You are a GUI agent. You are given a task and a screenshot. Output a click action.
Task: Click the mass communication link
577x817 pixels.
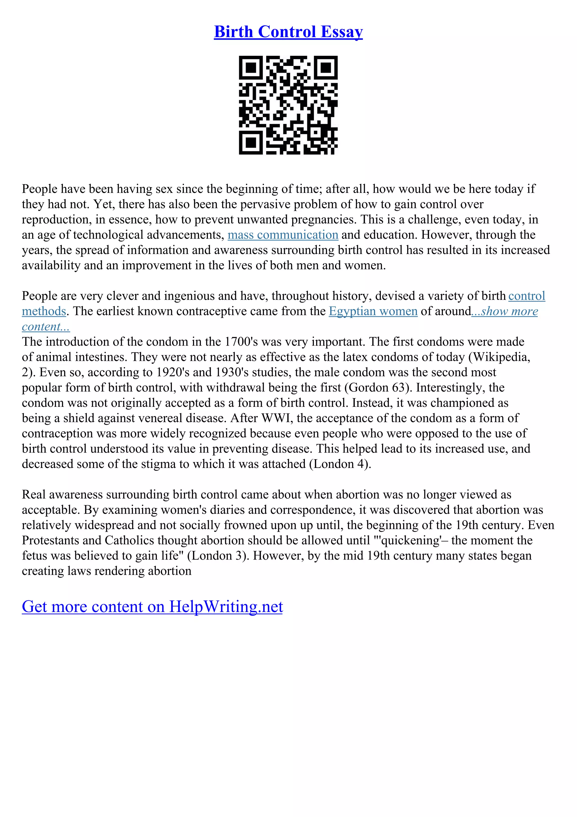point(283,235)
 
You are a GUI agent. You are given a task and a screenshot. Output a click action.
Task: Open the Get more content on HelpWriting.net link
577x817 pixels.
point(152,606)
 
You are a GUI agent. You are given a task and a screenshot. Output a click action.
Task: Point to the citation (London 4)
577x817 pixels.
point(340,464)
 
